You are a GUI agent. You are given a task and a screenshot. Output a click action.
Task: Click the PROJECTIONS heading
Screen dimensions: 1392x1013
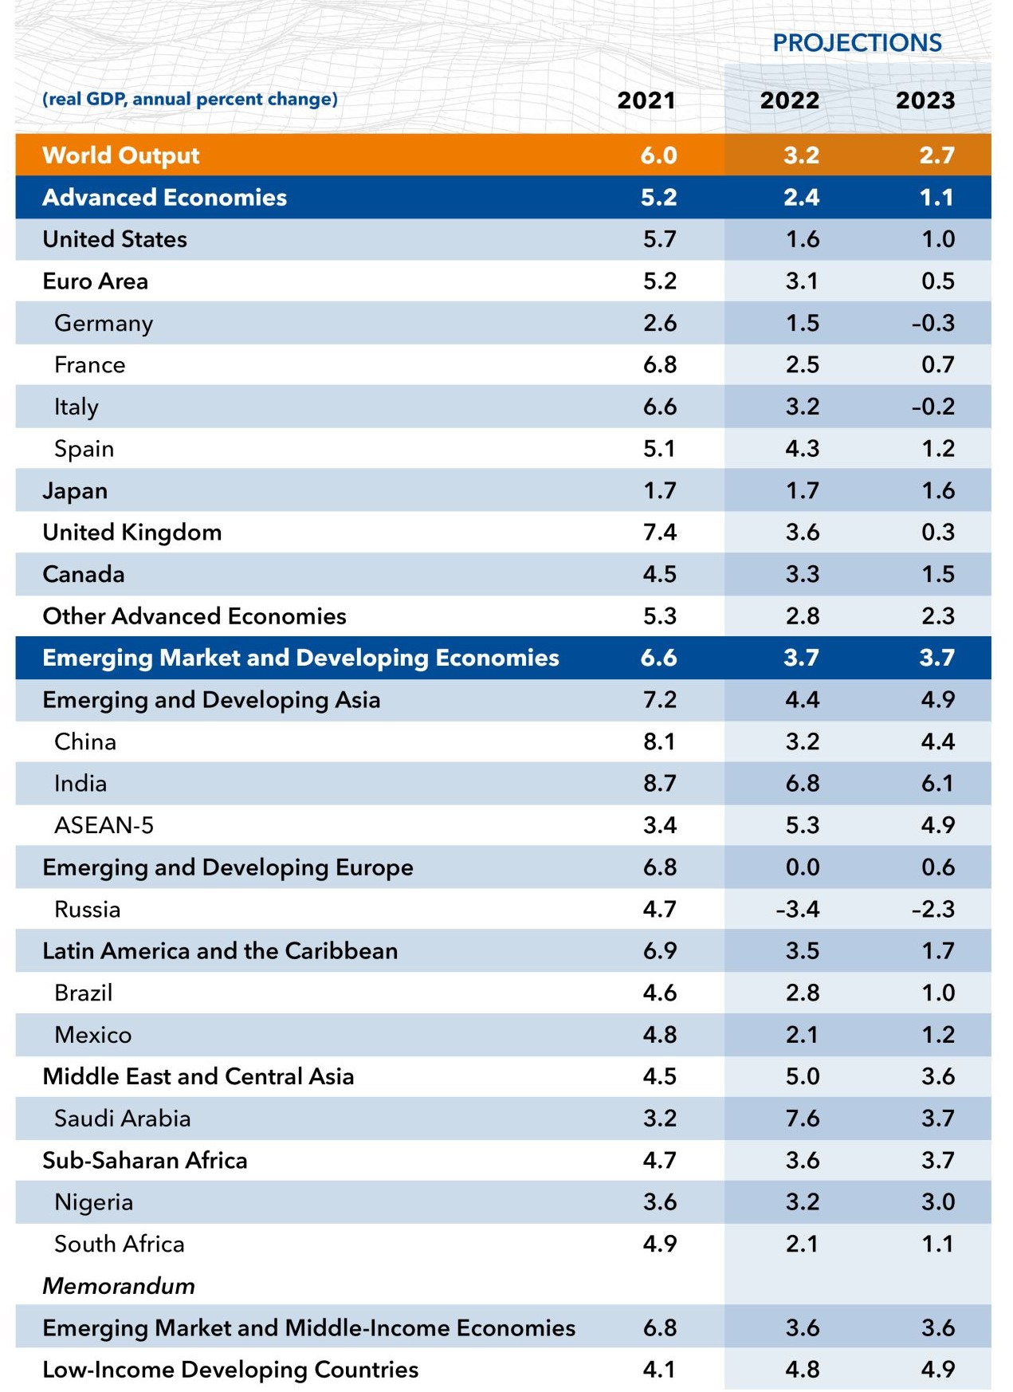857,42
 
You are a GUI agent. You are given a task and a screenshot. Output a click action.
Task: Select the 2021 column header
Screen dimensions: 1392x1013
646,100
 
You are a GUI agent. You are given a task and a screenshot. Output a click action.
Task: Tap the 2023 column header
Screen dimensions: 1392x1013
925,100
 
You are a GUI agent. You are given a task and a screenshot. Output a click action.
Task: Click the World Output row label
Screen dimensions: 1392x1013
120,155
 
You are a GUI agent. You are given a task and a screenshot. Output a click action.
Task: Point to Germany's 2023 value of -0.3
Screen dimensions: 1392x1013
933,323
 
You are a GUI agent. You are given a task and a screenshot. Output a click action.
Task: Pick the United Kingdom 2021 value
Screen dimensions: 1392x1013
660,532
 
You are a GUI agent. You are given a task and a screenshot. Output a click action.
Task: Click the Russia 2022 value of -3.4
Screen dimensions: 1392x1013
798,909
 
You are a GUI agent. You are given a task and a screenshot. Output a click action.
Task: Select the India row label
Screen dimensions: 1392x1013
80,783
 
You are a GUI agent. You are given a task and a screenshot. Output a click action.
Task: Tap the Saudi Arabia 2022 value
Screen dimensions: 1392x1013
802,1118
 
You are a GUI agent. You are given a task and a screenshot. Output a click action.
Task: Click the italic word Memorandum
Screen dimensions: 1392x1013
119,1285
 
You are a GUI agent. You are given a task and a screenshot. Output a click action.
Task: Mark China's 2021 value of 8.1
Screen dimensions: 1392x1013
660,741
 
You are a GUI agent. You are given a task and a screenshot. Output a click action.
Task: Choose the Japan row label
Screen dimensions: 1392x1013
75,490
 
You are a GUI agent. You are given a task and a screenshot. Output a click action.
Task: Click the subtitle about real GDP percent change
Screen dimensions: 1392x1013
190,99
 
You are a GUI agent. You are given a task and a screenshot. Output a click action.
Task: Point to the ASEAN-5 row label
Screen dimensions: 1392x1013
104,825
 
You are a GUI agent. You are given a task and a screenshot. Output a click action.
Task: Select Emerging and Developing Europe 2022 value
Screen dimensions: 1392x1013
802,867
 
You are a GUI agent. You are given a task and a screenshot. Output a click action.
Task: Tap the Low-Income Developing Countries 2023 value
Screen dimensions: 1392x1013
937,1369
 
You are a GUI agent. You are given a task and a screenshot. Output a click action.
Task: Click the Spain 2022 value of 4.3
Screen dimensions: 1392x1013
802,448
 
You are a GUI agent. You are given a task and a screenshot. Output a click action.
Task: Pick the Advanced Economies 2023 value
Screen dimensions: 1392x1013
936,197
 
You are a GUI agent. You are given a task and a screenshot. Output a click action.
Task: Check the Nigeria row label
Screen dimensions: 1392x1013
93,1201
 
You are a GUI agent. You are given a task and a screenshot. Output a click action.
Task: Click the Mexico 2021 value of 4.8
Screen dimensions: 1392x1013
660,1034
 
